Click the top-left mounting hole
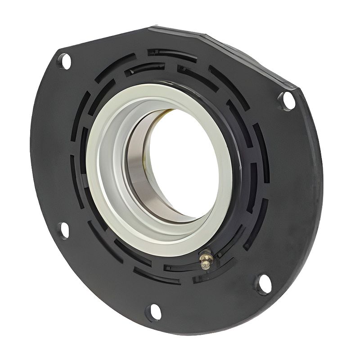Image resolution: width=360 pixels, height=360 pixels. tap(65, 61)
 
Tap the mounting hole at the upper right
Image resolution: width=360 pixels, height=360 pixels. tap(287, 100)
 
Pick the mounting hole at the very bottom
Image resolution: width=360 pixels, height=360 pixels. tap(153, 311)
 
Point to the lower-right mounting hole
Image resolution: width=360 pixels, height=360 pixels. tap(264, 284)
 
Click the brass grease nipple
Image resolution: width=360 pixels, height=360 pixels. tap(206, 260)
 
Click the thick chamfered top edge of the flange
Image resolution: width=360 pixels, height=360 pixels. tap(225, 45)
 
